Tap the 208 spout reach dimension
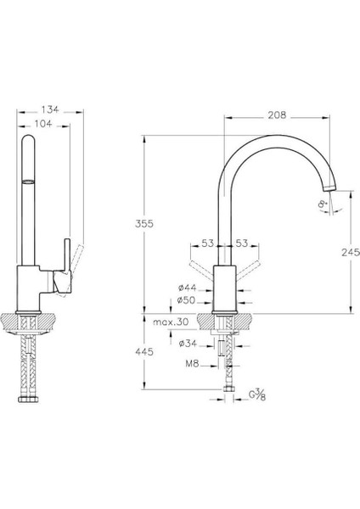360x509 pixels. coord(276,115)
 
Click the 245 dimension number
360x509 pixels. coord(338,252)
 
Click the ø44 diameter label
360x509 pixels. coord(188,288)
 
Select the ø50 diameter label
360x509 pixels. coord(188,300)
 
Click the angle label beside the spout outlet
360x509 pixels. coord(323,203)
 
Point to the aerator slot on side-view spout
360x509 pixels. coord(29,181)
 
